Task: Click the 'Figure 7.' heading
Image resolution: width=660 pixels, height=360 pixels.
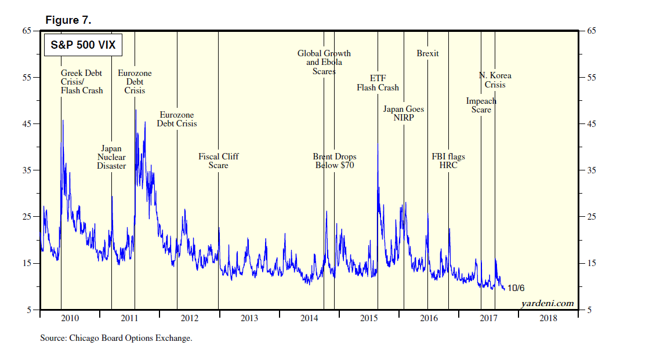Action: click(68, 21)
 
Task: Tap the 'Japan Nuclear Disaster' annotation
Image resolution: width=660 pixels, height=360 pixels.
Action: click(111, 157)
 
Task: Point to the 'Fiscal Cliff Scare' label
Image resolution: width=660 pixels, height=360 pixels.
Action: click(219, 161)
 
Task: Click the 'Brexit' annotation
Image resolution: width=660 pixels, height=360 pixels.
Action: click(427, 53)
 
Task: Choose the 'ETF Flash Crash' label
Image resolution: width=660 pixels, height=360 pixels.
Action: click(378, 83)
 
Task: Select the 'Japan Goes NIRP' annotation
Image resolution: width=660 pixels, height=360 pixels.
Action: click(404, 113)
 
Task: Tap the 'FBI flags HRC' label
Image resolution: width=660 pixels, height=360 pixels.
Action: click(448, 161)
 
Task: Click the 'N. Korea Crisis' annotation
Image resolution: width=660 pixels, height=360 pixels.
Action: click(495, 80)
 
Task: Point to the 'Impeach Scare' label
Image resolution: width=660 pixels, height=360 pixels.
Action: click(481, 106)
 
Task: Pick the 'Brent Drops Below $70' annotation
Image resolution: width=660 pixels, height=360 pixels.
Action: click(335, 161)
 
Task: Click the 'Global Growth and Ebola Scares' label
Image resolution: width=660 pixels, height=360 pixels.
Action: click(324, 62)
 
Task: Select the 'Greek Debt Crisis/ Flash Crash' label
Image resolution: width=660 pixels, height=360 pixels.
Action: click(82, 82)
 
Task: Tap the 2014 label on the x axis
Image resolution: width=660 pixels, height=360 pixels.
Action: click(310, 318)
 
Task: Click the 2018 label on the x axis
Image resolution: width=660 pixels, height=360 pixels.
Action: click(548, 318)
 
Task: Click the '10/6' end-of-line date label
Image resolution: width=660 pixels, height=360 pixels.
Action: click(516, 288)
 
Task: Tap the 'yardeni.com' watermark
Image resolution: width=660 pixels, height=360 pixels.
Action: click(547, 303)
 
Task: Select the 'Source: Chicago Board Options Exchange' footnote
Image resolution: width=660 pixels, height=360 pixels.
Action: click(116, 338)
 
